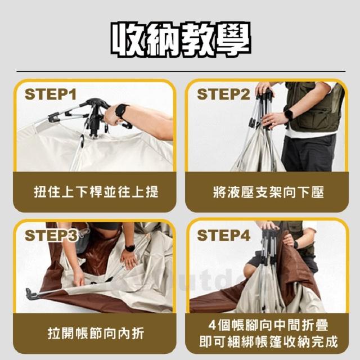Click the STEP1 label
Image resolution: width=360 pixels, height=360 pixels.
pos(50,94)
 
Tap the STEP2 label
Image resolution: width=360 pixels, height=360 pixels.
pos(223,94)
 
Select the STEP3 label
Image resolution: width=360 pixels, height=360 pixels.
pos(51,235)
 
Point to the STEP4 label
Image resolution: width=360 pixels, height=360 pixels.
pos(223,235)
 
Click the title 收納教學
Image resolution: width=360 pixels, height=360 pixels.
pos(181,39)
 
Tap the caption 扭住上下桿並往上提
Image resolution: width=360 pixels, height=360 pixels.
pos(96,192)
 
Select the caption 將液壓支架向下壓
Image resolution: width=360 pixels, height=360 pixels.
pos(268,192)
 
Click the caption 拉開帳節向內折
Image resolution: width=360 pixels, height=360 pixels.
pos(96,334)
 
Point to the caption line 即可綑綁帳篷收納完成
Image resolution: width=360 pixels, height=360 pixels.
pos(268,341)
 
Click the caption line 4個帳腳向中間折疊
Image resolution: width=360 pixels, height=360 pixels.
pos(268,325)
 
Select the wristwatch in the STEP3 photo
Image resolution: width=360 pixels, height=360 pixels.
pos(130,248)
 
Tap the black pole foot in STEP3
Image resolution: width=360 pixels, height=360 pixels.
pos(30,294)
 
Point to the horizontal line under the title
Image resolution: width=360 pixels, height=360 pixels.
pos(181,71)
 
